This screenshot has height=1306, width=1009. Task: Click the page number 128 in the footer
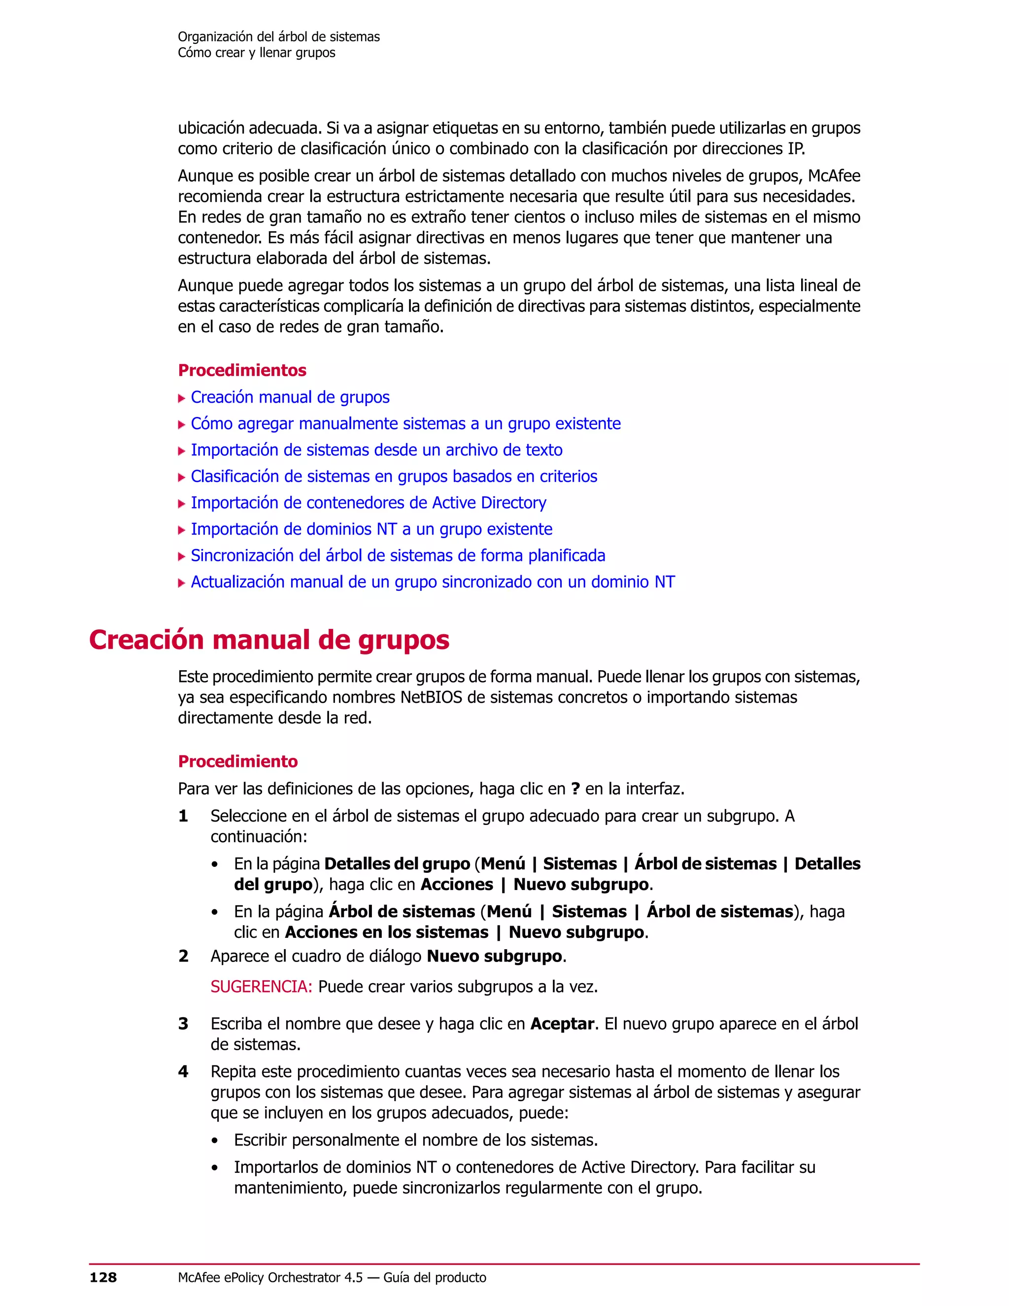point(103,1278)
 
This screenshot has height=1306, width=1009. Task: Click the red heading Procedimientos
point(242,370)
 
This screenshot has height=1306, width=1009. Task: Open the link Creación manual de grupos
point(290,397)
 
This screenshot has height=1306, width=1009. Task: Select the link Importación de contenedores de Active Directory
point(368,503)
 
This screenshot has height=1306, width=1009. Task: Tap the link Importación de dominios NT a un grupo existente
point(371,529)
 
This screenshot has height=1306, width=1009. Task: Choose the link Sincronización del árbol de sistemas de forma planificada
point(398,555)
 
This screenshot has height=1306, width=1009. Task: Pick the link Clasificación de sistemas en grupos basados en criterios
point(394,477)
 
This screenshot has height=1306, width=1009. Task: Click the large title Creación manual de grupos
point(269,639)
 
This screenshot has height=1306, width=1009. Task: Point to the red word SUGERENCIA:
point(261,986)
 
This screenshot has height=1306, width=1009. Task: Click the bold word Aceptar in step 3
point(562,1024)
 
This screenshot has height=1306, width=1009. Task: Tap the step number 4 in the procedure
point(183,1071)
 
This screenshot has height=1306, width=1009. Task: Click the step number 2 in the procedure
point(183,956)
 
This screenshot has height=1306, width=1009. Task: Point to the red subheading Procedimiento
point(238,761)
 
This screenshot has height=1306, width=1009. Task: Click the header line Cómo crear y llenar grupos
point(256,53)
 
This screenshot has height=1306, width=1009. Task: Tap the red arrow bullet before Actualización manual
point(182,583)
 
